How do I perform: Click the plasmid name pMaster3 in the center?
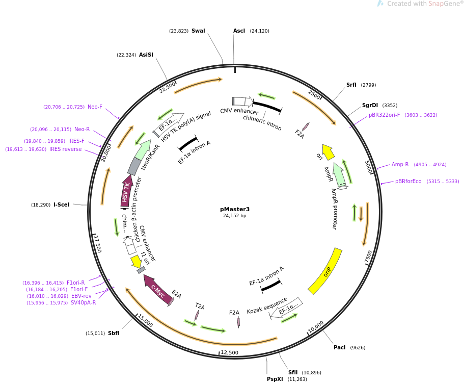pos(235,209)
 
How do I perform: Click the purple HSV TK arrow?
pos(126,190)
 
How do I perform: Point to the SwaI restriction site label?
pos(198,31)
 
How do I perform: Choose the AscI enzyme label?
pos(239,31)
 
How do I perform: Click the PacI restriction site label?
pos(339,347)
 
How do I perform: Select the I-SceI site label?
pos(62,205)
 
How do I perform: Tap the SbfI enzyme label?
pos(114,333)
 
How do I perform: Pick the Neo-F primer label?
pos(95,107)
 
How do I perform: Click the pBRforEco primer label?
pos(408,181)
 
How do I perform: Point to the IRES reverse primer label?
pos(65,149)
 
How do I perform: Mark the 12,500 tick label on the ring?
pos(229,352)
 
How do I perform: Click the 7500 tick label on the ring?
pos(368,257)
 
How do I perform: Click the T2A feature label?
pos(200,307)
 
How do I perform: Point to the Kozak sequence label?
pos(267,305)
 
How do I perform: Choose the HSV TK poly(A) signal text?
pos(186,127)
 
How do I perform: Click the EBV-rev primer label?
pos(81,296)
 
